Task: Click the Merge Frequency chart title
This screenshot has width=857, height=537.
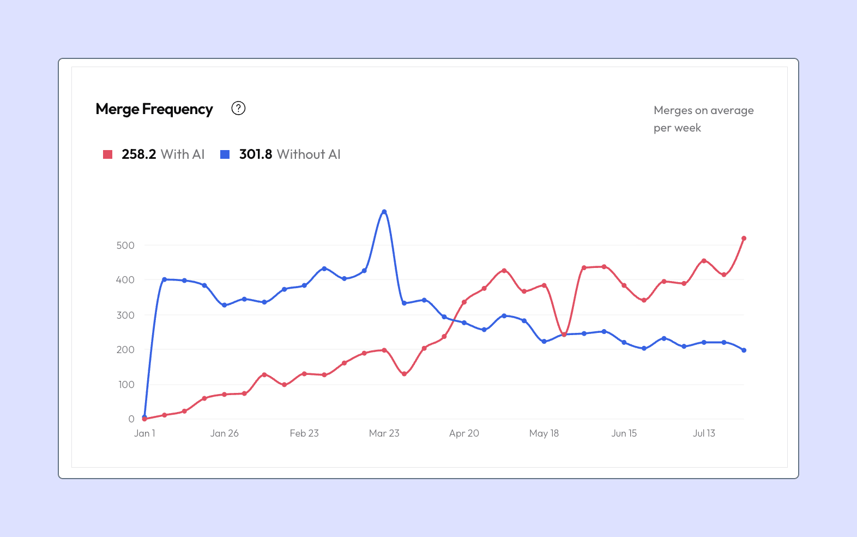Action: [154, 109]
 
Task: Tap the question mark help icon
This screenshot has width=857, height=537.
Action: [238, 109]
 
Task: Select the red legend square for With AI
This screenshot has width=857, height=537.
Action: [107, 154]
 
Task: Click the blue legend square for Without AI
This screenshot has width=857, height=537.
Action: [225, 154]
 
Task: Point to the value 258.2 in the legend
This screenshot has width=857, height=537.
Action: [139, 154]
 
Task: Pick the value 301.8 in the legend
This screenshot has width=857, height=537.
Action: [256, 154]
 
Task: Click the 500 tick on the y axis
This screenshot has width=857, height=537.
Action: [125, 245]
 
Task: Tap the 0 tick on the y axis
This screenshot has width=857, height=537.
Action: [131, 419]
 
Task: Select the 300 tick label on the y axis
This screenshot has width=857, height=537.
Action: [125, 315]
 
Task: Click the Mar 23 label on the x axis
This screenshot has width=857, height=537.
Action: [384, 433]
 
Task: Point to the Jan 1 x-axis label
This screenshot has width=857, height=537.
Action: [144, 433]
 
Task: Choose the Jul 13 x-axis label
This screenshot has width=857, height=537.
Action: [704, 433]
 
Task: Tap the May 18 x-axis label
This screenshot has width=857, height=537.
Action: [544, 433]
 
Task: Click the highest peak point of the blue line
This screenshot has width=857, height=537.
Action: [384, 211]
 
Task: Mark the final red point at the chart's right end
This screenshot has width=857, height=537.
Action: [744, 238]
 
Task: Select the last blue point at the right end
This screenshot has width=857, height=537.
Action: [744, 350]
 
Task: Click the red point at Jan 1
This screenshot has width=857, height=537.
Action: [144, 419]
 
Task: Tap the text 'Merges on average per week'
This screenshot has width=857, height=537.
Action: [704, 119]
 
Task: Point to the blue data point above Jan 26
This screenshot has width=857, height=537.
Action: [225, 305]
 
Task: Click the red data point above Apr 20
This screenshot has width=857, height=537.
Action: [464, 302]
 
